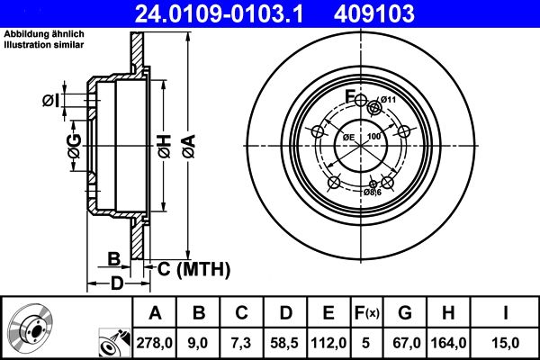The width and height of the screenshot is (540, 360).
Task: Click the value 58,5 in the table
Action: pos(285,341)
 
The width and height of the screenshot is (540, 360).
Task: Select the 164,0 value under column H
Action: pos(454,341)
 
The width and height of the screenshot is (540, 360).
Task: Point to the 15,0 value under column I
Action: pos(508,341)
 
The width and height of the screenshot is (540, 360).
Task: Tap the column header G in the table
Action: pos(406,312)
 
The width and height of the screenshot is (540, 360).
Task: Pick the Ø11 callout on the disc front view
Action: pos(388,99)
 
